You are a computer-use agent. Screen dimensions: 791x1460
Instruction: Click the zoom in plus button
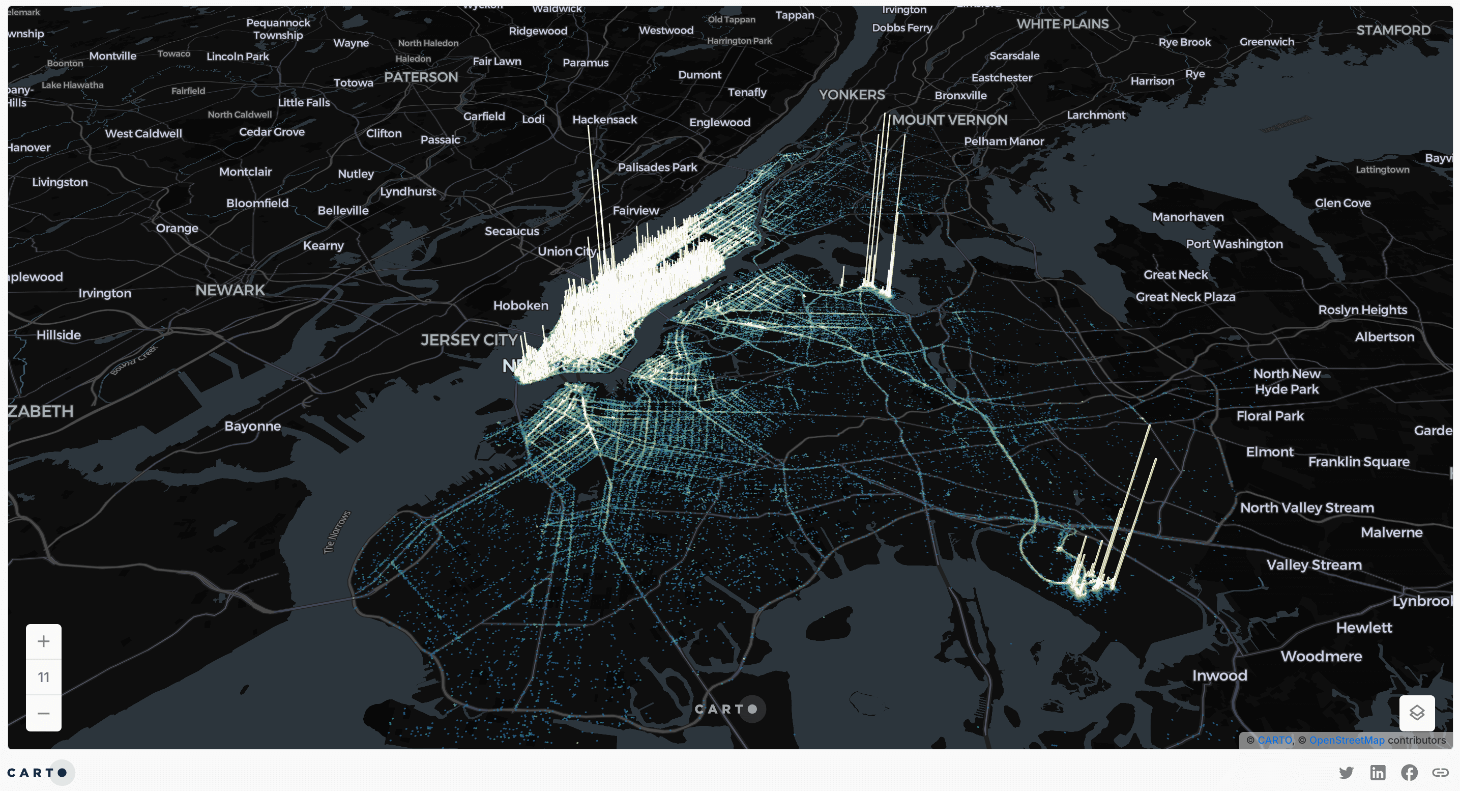click(44, 641)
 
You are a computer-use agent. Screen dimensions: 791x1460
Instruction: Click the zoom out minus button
click(44, 713)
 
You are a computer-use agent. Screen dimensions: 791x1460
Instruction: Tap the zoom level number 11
click(44, 677)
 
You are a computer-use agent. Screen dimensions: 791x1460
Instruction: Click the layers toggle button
click(1417, 713)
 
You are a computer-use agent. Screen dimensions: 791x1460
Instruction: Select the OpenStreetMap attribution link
click(1347, 740)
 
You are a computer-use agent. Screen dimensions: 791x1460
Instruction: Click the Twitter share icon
click(1346, 772)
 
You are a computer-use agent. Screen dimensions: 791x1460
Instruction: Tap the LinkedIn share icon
click(1378, 772)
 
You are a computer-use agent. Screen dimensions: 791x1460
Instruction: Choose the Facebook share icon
click(1409, 772)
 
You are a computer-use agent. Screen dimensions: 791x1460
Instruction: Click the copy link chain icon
click(1440, 772)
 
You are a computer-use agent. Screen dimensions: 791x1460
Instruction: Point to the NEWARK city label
click(230, 290)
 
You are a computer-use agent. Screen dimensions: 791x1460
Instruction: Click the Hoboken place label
click(521, 305)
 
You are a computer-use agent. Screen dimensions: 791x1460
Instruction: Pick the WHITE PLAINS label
click(1063, 24)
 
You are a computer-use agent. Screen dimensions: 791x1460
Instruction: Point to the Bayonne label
click(253, 427)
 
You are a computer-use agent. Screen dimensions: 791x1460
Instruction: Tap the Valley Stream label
click(1314, 565)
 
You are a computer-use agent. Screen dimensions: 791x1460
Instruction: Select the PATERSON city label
click(421, 77)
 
